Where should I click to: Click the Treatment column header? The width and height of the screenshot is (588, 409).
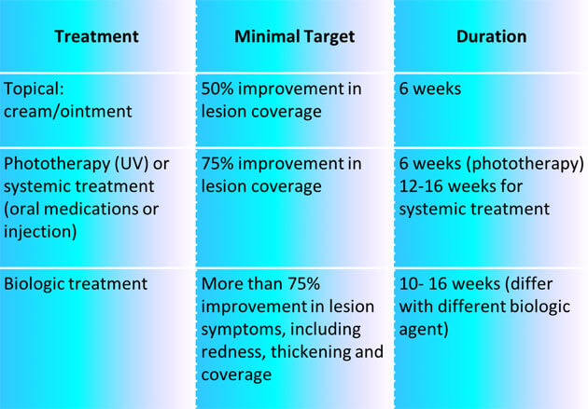[96, 36]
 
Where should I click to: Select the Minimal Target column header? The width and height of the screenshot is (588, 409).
[294, 36]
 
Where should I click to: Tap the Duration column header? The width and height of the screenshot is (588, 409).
[491, 36]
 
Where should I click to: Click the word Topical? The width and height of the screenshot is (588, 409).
[34, 89]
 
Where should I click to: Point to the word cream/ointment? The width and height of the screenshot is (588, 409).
[68, 112]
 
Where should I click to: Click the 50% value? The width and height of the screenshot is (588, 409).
[217, 89]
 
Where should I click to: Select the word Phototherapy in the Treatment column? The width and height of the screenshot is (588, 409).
[57, 164]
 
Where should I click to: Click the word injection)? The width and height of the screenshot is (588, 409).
[40, 232]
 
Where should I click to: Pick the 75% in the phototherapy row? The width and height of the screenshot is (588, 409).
[217, 164]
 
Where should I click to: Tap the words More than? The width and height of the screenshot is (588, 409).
[242, 283]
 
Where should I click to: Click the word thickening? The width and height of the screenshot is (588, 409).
[311, 352]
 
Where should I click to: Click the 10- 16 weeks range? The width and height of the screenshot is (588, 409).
[449, 283]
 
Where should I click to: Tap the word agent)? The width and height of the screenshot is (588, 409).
[424, 330]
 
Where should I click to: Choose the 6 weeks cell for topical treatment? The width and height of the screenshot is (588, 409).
[429, 89]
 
